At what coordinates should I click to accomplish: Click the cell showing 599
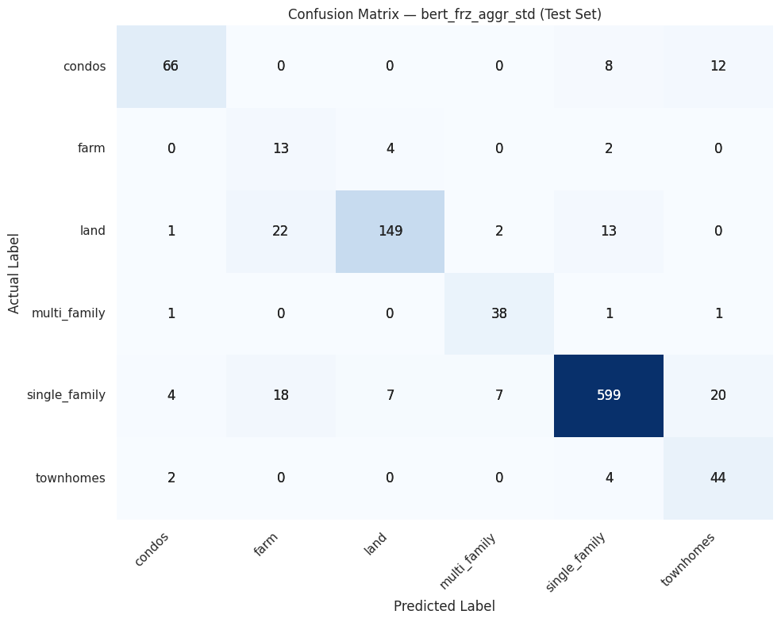(x=609, y=395)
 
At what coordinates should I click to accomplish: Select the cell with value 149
(x=390, y=231)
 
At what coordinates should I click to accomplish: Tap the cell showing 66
(x=171, y=66)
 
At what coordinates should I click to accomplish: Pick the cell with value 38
(x=499, y=313)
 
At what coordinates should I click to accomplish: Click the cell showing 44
(x=718, y=478)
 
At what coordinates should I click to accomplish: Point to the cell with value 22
(x=280, y=231)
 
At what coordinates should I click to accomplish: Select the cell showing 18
(x=280, y=395)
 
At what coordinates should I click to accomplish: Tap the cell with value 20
(x=718, y=395)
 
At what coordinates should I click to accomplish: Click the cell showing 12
(x=718, y=66)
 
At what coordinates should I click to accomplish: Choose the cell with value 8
(x=609, y=66)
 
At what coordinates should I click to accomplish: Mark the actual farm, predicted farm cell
(x=280, y=148)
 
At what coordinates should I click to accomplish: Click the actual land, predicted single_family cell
(x=609, y=231)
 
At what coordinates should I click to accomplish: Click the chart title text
(x=444, y=14)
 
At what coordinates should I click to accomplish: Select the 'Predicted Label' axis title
(x=444, y=606)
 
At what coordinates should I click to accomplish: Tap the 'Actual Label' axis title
(x=14, y=272)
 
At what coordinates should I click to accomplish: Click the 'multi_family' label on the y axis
(x=68, y=313)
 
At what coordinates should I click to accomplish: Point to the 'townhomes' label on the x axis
(x=687, y=559)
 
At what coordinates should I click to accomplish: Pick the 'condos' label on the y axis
(x=84, y=66)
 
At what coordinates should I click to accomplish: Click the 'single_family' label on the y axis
(x=66, y=395)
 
